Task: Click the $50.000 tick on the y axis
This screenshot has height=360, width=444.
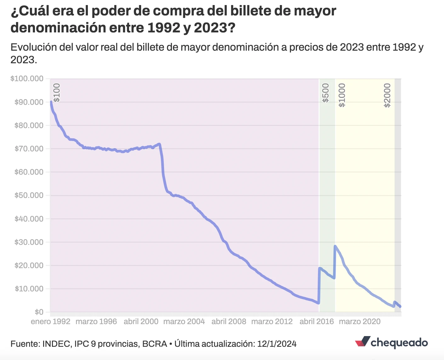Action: [x=29, y=195]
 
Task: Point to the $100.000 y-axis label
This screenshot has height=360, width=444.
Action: [x=27, y=79]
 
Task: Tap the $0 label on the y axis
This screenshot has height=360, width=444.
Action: [x=39, y=312]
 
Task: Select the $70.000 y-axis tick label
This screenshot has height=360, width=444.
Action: [x=29, y=149]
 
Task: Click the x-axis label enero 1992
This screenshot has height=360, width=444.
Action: [x=50, y=322]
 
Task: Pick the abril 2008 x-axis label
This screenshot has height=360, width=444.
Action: [x=229, y=322]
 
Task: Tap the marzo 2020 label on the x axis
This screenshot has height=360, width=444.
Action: [x=360, y=322]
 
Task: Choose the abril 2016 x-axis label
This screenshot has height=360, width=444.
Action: [x=316, y=322]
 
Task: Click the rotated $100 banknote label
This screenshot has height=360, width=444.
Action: [x=56, y=93]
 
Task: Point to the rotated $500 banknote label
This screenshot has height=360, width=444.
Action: [x=326, y=93]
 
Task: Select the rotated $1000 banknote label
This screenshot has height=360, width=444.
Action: [x=342, y=95]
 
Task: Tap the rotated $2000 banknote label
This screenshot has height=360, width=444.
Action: [x=387, y=95]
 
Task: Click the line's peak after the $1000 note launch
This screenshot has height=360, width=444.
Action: [x=335, y=246]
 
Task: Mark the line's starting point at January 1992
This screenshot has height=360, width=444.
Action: [x=51, y=102]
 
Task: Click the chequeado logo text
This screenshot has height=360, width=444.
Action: [x=399, y=342]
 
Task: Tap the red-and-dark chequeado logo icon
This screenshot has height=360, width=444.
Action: [x=362, y=342]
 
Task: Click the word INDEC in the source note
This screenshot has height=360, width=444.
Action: [x=56, y=344]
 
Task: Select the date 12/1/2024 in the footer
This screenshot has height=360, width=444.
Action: [x=277, y=344]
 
